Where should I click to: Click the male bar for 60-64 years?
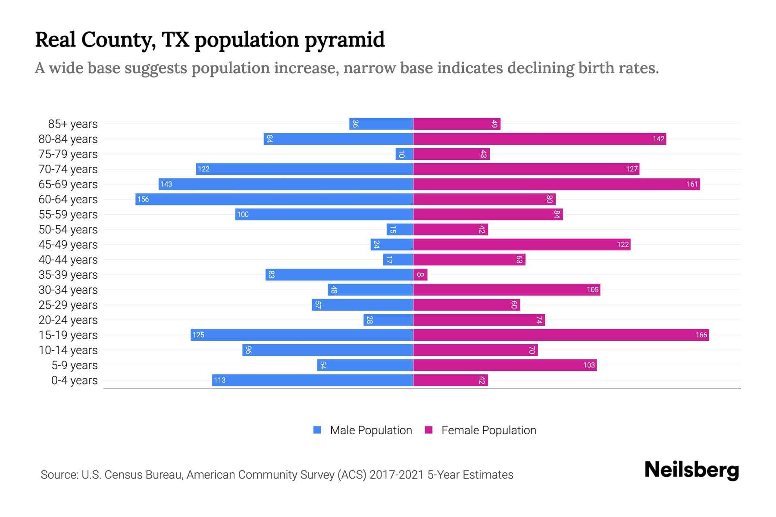point(274,199)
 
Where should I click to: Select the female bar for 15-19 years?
point(561,335)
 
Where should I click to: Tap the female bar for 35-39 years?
point(420,274)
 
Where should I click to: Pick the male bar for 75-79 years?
point(404,154)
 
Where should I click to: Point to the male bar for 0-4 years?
point(313,380)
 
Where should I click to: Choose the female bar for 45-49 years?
point(522,244)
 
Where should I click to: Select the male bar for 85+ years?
point(381,124)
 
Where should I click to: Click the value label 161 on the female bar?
point(692,184)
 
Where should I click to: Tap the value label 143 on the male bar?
point(166,184)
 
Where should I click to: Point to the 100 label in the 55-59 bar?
point(243,214)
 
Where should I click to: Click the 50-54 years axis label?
point(68,229)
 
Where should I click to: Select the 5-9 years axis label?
point(75,365)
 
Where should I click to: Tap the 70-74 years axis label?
point(68,169)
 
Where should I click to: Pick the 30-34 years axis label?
point(68,290)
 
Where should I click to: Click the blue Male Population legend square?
point(317,430)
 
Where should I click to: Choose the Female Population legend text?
point(488,430)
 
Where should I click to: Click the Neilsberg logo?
point(692,470)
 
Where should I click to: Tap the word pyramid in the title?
point(344,40)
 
